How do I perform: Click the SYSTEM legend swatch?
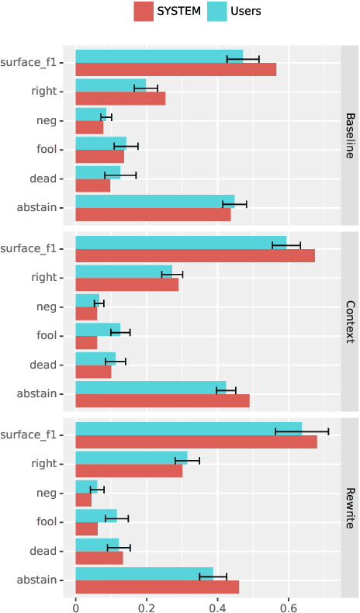pyautogui.click(x=144, y=11)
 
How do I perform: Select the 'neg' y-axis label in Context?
pyautogui.click(x=47, y=306)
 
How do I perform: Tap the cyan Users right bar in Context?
pyautogui.click(x=124, y=271)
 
